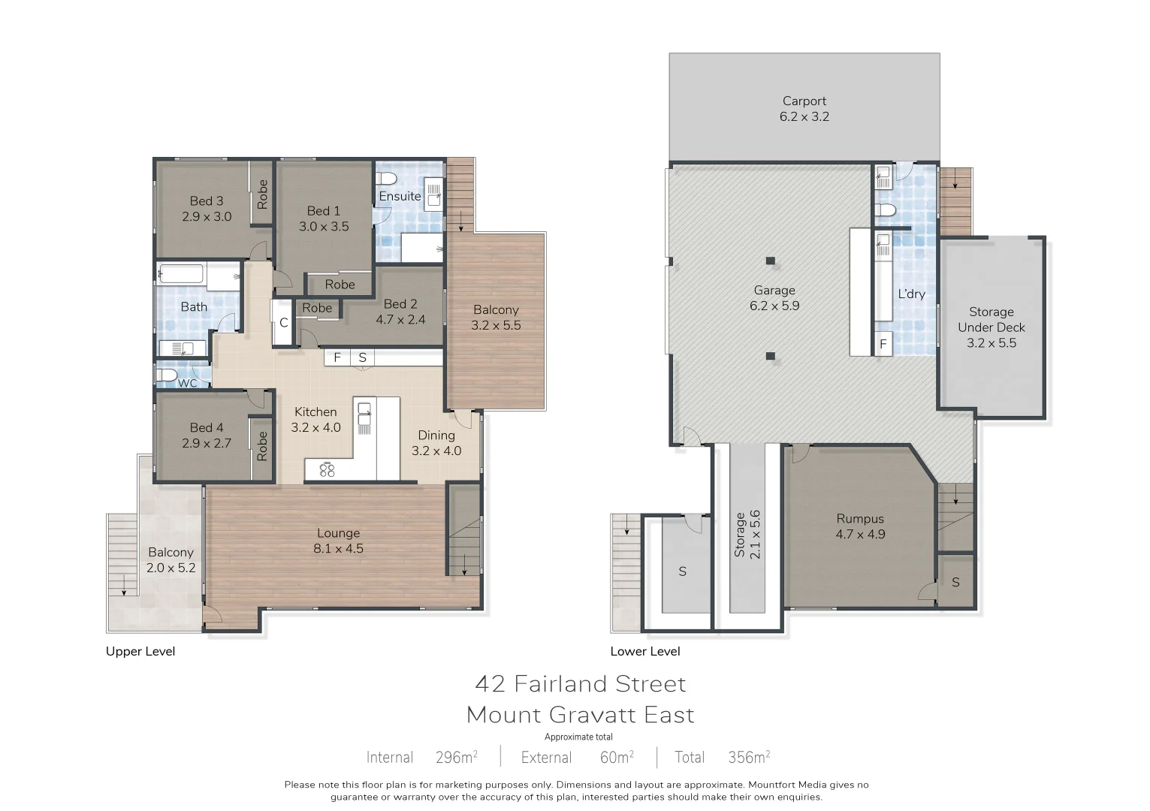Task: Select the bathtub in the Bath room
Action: [180, 273]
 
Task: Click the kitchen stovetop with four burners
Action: [327, 470]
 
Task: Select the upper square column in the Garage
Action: [770, 261]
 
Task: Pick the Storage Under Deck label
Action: [991, 327]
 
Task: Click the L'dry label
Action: [911, 294]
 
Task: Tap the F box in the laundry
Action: [883, 345]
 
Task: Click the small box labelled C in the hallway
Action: [283, 323]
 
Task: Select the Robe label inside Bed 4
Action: [261, 446]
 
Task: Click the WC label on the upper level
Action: [187, 383]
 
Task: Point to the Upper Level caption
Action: [140, 651]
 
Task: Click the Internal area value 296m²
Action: [456, 757]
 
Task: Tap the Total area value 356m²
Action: [748, 757]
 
